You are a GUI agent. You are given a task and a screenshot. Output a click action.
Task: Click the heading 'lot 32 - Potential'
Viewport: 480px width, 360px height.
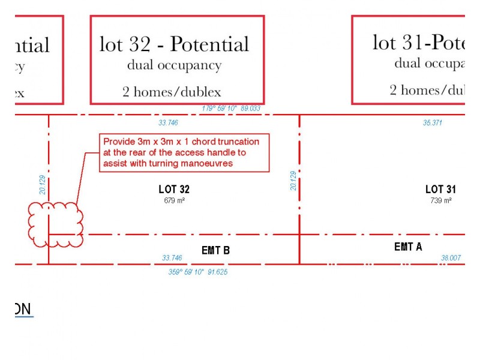tap(174, 44)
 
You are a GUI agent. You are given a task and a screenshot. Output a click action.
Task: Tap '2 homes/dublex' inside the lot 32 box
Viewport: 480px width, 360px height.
tap(172, 92)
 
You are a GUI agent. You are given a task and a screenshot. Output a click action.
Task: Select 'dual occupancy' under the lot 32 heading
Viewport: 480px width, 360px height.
tap(174, 65)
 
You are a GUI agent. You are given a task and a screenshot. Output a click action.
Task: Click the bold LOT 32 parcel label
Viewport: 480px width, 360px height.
tap(174, 190)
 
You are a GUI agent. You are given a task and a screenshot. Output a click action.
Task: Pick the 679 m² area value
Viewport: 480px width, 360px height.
tap(174, 200)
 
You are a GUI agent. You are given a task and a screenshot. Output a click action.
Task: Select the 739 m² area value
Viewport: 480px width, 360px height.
tap(441, 200)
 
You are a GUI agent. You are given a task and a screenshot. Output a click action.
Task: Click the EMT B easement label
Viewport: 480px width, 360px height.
tap(215, 250)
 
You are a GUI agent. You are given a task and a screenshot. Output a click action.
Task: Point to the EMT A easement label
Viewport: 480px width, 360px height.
tap(408, 247)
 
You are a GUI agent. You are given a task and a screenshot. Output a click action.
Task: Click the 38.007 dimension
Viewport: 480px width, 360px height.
tap(451, 258)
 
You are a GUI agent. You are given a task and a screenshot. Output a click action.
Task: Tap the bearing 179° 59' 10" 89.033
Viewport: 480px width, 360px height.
tap(232, 109)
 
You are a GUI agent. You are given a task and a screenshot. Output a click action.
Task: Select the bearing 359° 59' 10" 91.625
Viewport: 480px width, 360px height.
tap(197, 272)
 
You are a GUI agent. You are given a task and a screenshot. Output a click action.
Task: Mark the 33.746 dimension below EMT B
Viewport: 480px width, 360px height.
tap(172, 258)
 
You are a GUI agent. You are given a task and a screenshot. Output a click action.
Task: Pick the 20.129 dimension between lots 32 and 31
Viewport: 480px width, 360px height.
tap(293, 181)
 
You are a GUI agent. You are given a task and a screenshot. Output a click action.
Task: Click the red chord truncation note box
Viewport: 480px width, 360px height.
tap(184, 152)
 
